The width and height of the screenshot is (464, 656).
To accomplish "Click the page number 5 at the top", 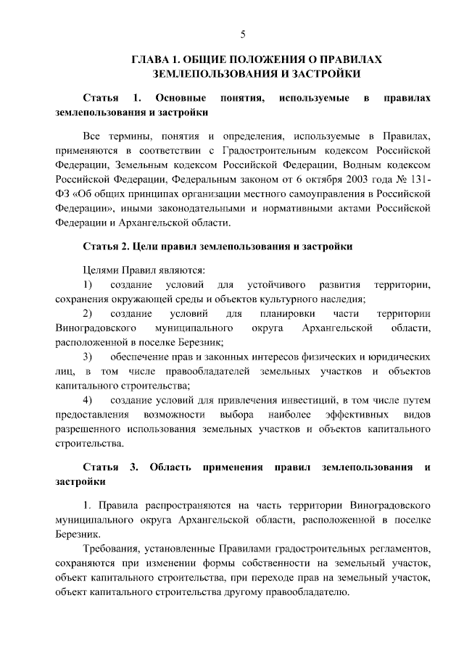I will [x=244, y=34].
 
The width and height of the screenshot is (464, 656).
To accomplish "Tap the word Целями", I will [x=101, y=270].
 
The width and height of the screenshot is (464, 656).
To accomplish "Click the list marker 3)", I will [x=88, y=357].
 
